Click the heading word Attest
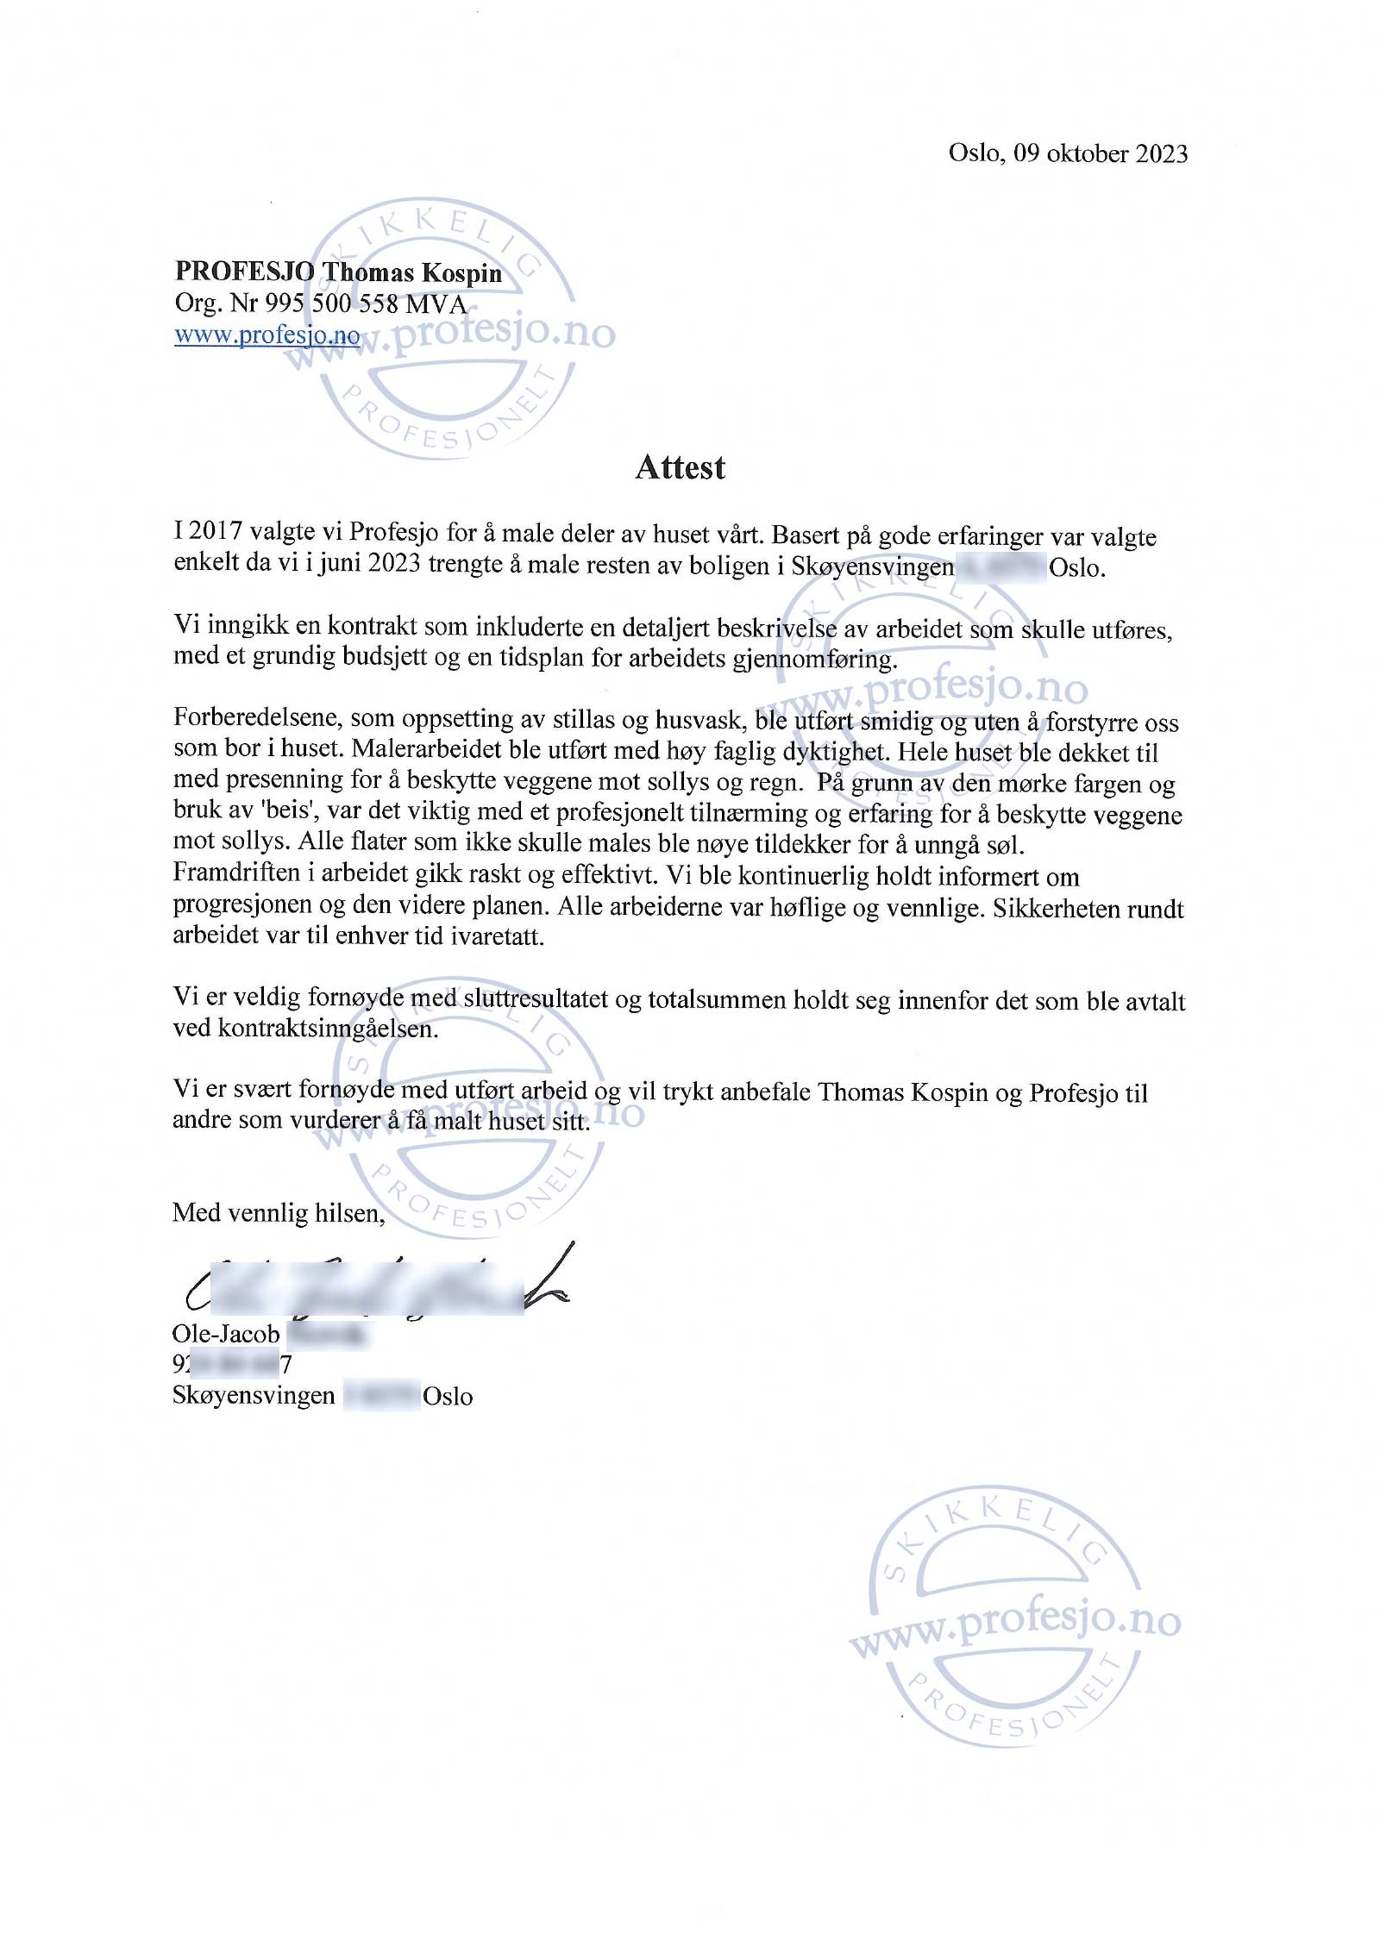(680, 467)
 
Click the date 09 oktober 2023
(1101, 153)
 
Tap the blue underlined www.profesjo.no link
(267, 335)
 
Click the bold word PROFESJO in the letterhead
(244, 272)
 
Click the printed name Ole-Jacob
(226, 1334)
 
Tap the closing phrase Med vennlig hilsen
(278, 1213)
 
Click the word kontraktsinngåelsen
(328, 1029)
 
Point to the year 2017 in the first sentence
(216, 531)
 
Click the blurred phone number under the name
(231, 1365)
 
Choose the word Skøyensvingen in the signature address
(254, 1396)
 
